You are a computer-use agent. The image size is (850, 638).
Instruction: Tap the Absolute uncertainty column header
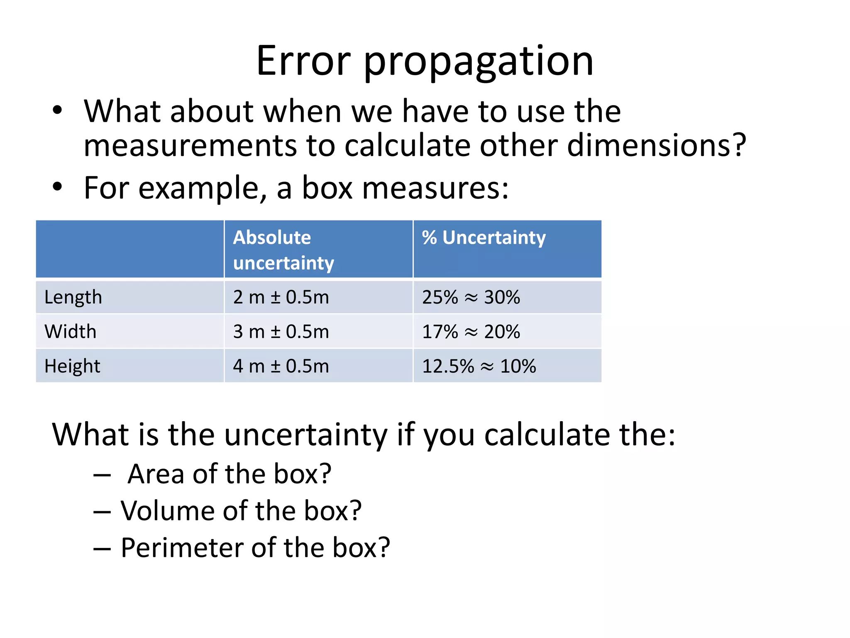point(283,250)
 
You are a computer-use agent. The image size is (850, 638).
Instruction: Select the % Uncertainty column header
point(484,238)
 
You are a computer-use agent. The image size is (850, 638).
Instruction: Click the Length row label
point(73,297)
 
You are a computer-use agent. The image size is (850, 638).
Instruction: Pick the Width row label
point(70,331)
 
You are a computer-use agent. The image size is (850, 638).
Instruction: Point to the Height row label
point(72,366)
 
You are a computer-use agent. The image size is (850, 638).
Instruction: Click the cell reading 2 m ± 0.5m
point(281,297)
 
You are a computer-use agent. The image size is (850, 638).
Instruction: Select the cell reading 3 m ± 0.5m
point(281,331)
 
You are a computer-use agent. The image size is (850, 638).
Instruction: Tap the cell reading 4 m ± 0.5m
point(281,366)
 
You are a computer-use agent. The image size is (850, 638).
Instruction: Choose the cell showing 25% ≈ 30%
point(471,297)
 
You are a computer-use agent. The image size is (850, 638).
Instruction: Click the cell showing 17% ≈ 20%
point(471,331)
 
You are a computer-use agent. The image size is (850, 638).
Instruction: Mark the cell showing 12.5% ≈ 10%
point(479,366)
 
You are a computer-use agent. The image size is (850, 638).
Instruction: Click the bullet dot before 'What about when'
point(57,110)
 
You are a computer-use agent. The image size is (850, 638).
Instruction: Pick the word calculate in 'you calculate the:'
point(547,435)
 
